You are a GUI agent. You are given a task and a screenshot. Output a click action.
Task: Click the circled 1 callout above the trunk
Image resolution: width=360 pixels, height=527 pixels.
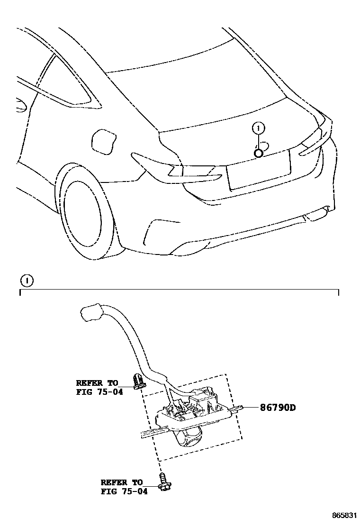click(258, 127)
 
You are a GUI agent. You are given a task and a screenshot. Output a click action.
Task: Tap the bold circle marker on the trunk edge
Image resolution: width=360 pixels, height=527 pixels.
click(259, 153)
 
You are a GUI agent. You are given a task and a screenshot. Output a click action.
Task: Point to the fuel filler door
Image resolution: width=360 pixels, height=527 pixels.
click(103, 141)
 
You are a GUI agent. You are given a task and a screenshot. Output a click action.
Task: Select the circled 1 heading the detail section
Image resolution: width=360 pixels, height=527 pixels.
click(27, 281)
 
